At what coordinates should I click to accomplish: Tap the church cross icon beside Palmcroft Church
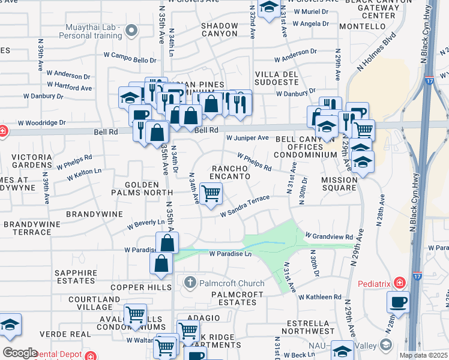(190, 283)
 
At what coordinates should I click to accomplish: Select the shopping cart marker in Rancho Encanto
(211, 194)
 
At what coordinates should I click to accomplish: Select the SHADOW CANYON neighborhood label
(219, 29)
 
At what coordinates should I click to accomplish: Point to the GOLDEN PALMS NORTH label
(141, 188)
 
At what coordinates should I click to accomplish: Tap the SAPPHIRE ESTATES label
(75, 277)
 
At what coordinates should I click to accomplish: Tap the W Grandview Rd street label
(328, 236)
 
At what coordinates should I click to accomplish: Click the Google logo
(20, 353)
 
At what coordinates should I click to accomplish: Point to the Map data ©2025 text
(423, 355)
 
